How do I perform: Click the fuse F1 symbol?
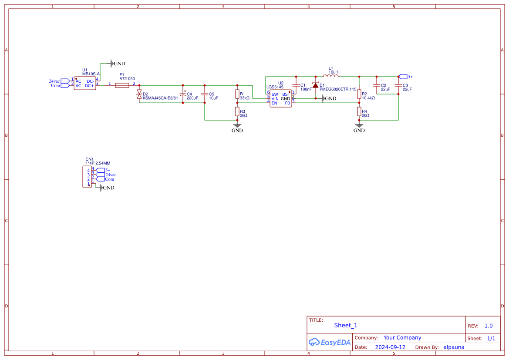(x=122, y=85)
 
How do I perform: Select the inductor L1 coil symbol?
(x=331, y=77)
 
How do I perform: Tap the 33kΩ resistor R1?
(x=237, y=94)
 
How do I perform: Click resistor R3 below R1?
(x=237, y=112)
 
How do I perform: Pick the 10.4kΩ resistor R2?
(x=359, y=94)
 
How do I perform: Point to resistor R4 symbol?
(x=359, y=112)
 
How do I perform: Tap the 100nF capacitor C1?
(x=296, y=85)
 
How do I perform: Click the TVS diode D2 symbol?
(x=139, y=94)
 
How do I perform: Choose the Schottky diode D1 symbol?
(x=315, y=85)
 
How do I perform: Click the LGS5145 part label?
(x=275, y=87)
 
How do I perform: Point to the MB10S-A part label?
(x=91, y=74)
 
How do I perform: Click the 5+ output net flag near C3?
(x=404, y=77)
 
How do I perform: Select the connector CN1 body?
(x=87, y=177)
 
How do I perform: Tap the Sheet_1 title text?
(x=346, y=325)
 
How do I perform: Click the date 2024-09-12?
(x=390, y=347)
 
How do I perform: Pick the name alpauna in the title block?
(x=454, y=347)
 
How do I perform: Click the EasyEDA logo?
(x=330, y=342)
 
